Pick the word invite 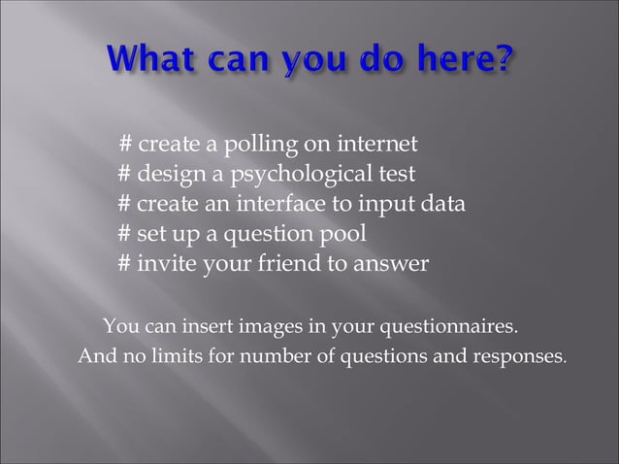(166, 265)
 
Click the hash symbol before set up (124, 235)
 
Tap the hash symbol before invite (124, 265)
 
